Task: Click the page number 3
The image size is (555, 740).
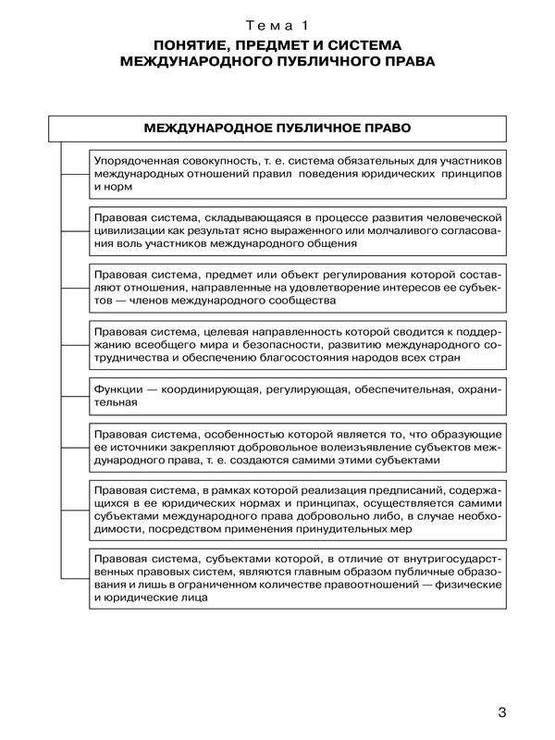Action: tap(502, 712)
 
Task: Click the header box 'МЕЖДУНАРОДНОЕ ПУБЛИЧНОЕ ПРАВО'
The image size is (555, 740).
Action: tap(277, 127)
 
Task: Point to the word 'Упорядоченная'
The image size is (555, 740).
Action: tap(140, 161)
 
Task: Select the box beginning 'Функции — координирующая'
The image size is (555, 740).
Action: tap(297, 396)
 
